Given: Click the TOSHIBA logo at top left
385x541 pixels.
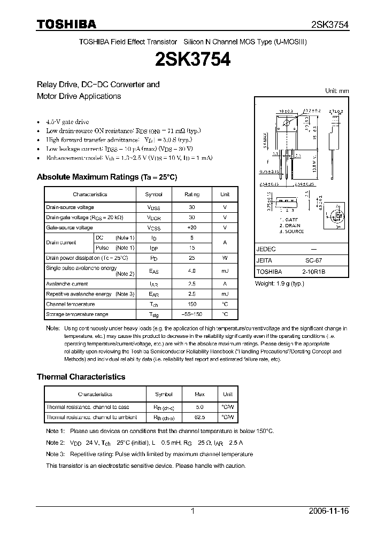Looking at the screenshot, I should pyautogui.click(x=66, y=24).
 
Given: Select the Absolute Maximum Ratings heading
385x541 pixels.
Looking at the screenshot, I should pyautogui.click(x=106, y=177).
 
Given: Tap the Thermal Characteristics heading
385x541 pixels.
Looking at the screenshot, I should pyautogui.click(x=81, y=377).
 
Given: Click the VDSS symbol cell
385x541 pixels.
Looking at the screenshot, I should pyautogui.click(x=154, y=207).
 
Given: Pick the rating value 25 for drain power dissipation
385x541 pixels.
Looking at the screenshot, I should pyautogui.click(x=192, y=258).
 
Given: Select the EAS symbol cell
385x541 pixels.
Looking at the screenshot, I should pyautogui.click(x=154, y=271).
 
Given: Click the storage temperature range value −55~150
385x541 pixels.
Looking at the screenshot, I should pyautogui.click(x=192, y=314).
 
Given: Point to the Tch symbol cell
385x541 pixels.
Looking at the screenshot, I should pyautogui.click(x=154, y=304).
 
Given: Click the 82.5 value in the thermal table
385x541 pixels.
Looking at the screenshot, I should pyautogui.click(x=199, y=418).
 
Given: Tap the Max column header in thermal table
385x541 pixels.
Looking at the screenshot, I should pyautogui.click(x=199, y=395).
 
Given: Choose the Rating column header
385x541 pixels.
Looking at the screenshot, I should pyautogui.click(x=192, y=195).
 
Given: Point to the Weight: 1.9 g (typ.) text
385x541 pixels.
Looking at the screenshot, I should pyautogui.click(x=279, y=283).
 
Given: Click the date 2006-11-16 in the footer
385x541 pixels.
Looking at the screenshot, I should pyautogui.click(x=329, y=511).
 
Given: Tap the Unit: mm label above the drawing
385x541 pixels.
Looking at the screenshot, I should pyautogui.click(x=337, y=91).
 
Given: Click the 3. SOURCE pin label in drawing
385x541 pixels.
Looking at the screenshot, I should pyautogui.click(x=291, y=231).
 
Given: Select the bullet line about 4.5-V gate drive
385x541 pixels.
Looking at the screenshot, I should pyautogui.click(x=67, y=122).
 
